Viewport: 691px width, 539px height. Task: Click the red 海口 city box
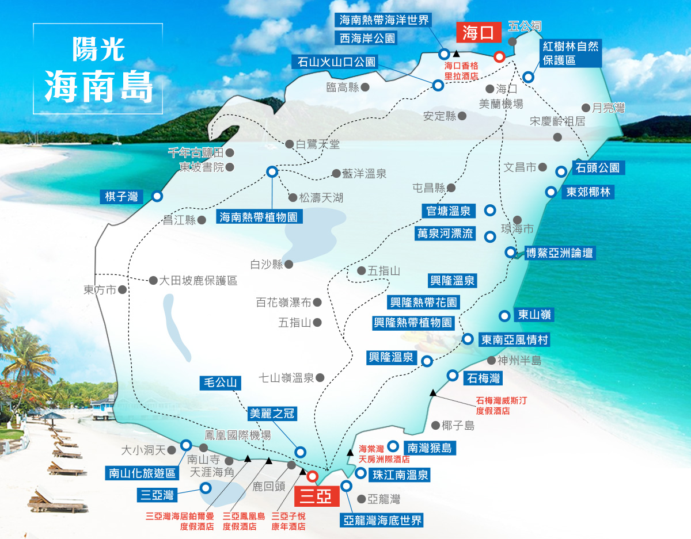coord(479,33)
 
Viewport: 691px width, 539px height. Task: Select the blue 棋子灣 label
coord(122,196)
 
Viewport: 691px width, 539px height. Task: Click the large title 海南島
coord(98,87)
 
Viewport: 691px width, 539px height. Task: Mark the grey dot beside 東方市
coord(122,290)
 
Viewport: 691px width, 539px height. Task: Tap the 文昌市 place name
coord(521,167)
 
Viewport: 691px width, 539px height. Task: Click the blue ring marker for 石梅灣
coord(453,375)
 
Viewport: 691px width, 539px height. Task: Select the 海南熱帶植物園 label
coord(260,217)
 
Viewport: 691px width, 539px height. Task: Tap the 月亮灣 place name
coord(608,108)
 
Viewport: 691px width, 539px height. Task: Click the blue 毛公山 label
coord(219,383)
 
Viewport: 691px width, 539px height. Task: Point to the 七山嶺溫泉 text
coord(286,378)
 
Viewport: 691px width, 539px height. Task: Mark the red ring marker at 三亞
coord(312,476)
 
